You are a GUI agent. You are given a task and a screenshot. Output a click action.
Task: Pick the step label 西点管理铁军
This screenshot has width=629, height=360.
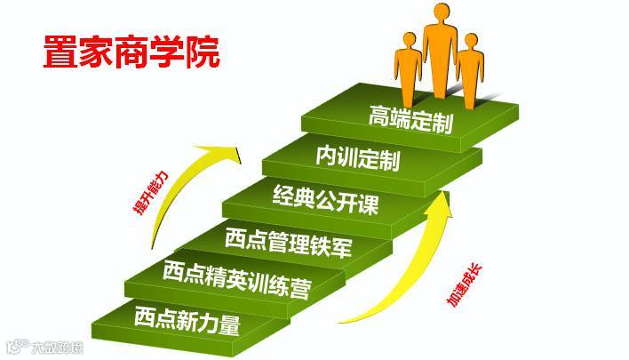tap(275, 240)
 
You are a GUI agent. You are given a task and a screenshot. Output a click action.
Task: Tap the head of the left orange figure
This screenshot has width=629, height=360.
tap(409, 40)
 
